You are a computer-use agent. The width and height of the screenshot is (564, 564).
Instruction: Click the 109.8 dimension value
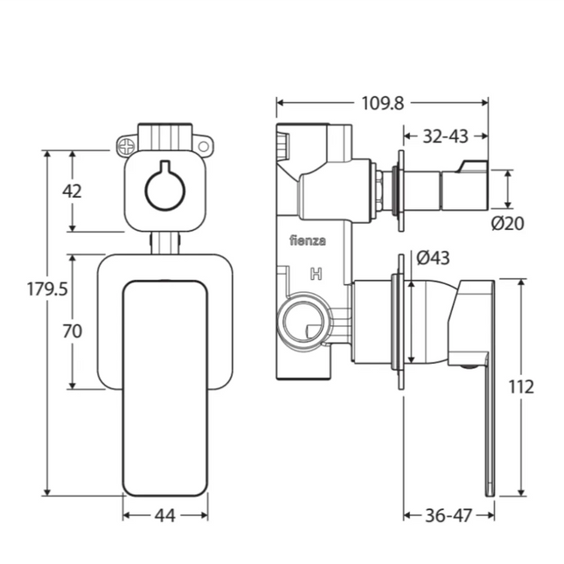tap(382, 103)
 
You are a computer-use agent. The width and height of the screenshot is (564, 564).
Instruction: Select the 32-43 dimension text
tap(445, 136)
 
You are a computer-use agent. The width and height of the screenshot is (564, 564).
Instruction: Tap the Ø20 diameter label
tap(508, 223)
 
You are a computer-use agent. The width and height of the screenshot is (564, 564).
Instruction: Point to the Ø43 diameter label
tap(433, 258)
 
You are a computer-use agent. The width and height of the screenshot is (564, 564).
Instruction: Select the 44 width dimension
tap(164, 515)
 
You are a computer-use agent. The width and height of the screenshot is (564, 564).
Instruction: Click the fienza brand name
tap(305, 239)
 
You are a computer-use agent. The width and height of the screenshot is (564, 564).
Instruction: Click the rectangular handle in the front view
tap(164, 385)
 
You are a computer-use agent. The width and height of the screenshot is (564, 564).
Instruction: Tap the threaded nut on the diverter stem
tap(381, 188)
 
